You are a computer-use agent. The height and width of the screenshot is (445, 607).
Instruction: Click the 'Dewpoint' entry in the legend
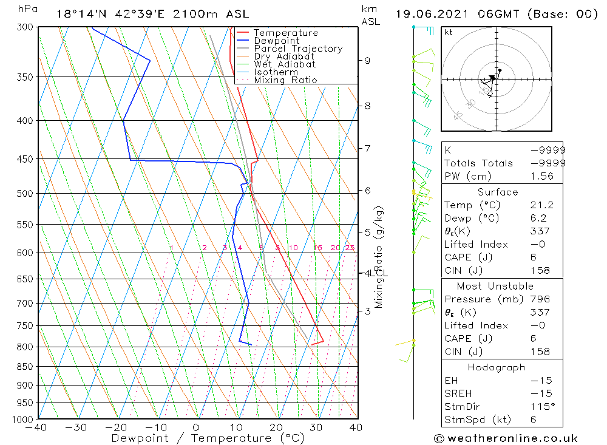[276, 41]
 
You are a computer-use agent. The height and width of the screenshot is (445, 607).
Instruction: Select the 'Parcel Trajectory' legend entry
[298, 49]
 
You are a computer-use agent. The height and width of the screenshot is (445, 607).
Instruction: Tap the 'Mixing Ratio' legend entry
[285, 80]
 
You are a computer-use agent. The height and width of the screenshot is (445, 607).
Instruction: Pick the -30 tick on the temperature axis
[77, 427]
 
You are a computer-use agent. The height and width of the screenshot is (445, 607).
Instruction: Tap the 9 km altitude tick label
[367, 60]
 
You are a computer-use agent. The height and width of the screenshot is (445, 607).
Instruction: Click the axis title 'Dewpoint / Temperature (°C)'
[199, 438]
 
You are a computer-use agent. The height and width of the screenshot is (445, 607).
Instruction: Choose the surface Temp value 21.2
[541, 205]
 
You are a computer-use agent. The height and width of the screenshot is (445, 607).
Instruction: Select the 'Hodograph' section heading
[497, 367]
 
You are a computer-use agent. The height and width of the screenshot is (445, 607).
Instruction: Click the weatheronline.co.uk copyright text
[506, 438]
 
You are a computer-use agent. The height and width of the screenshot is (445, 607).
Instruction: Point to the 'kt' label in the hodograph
[448, 32]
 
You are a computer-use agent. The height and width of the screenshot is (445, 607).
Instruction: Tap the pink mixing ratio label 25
[350, 248]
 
